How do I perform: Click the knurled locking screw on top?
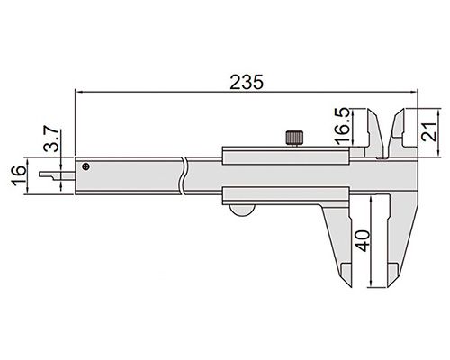[x=293, y=139]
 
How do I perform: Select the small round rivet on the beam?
[x=85, y=166]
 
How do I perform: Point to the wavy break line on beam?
[x=184, y=175]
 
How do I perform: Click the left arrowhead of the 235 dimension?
[x=79, y=91]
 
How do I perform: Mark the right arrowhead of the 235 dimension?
[x=415, y=91]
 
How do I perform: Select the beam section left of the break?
[x=130, y=176]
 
